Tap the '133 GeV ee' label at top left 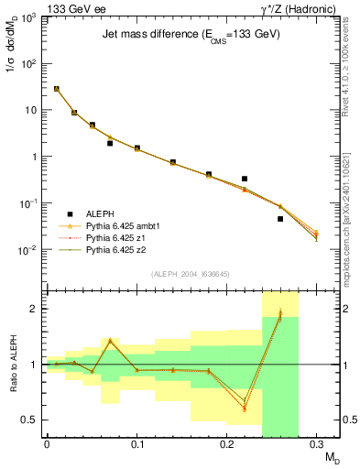click(x=71, y=7)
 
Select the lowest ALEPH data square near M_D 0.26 click(x=280, y=219)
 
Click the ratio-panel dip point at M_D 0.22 click(x=245, y=408)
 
